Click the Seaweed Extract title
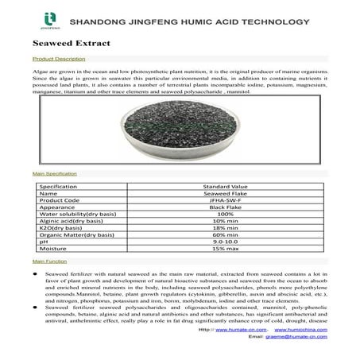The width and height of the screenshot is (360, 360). coord(62,41)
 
